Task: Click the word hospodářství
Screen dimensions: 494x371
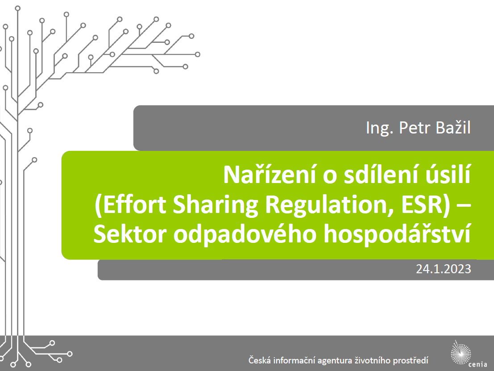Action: pyautogui.click(x=397, y=235)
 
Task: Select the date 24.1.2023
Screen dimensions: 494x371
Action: pyautogui.click(x=444, y=269)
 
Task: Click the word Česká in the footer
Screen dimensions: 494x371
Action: pyautogui.click(x=259, y=360)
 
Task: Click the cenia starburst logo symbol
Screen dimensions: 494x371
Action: pyautogui.click(x=461, y=352)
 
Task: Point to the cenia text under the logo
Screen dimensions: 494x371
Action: pyautogui.click(x=478, y=364)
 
